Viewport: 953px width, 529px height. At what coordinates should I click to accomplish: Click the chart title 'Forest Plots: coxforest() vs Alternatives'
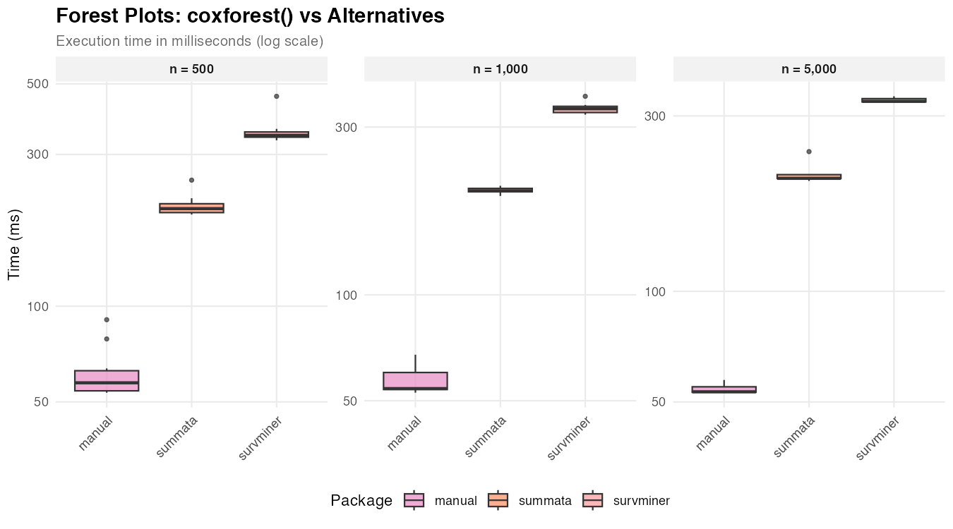(x=250, y=16)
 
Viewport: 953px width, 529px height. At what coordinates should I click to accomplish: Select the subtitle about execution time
(x=189, y=42)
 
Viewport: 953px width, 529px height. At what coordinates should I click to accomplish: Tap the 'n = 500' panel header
(x=191, y=69)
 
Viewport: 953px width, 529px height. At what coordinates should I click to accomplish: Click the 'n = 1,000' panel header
(x=500, y=69)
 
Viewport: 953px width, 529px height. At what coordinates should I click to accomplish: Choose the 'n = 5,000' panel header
(x=809, y=69)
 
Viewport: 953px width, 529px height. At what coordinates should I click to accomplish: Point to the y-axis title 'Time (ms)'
(x=14, y=245)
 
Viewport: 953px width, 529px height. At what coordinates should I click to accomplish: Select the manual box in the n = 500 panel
(x=107, y=380)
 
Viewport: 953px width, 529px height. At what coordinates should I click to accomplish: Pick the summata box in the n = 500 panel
(x=191, y=207)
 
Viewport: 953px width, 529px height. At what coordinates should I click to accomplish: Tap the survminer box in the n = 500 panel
(x=276, y=134)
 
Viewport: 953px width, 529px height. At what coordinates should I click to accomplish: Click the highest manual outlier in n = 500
(x=107, y=320)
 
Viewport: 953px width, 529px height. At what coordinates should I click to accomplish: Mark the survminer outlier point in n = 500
(x=276, y=96)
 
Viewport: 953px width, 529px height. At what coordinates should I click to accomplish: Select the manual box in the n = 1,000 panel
(x=415, y=381)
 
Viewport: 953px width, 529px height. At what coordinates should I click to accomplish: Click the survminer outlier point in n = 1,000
(x=585, y=96)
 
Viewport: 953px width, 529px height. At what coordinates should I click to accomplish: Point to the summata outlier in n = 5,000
(x=809, y=152)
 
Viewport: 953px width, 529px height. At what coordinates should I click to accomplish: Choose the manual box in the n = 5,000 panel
(x=724, y=389)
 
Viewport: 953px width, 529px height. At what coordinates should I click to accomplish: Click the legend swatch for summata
(x=498, y=500)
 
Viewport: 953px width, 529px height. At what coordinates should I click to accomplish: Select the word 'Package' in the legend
(x=361, y=501)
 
